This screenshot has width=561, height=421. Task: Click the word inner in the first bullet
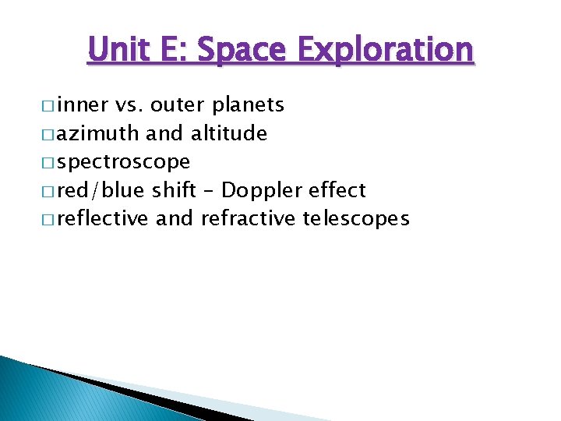[83, 104]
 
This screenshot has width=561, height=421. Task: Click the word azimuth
[99, 133]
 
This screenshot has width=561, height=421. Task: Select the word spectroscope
[123, 162]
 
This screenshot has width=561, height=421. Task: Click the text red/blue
[102, 190]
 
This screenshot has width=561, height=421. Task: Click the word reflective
[104, 219]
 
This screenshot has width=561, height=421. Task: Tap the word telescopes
[356, 219]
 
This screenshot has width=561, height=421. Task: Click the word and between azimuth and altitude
[164, 133]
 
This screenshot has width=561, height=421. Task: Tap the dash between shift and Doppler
[209, 191]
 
